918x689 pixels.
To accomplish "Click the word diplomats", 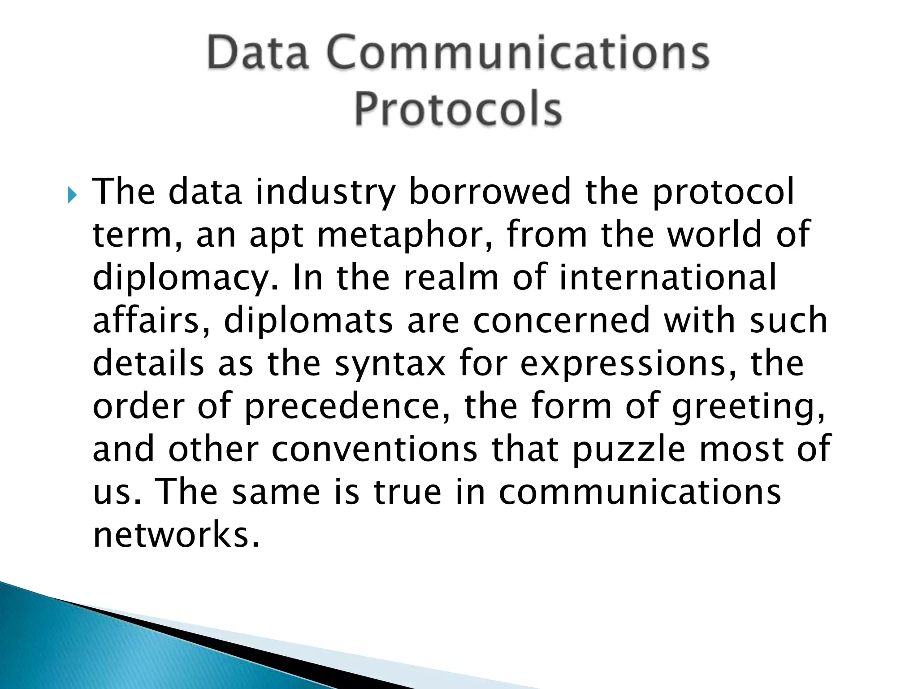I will click(308, 321).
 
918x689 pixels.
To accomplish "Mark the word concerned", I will click(561, 320).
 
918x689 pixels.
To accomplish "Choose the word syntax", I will click(390, 364).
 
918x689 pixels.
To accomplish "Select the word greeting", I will click(749, 407).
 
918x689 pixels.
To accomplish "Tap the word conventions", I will click(375, 449).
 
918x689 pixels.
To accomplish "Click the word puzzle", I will click(629, 450).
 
